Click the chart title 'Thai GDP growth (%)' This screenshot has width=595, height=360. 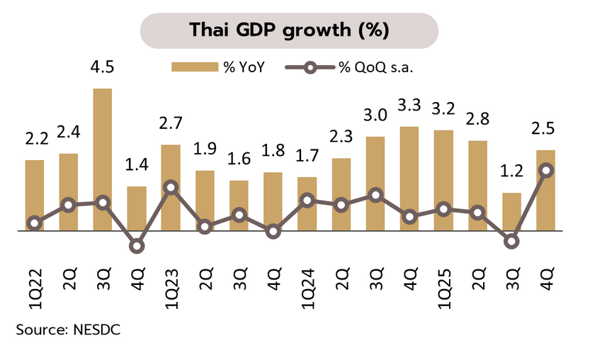(x=289, y=30)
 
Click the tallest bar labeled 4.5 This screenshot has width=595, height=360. (x=103, y=159)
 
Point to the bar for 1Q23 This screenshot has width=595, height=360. (x=171, y=188)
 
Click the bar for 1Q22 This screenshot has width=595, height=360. (x=35, y=195)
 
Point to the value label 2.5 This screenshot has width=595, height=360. (x=545, y=129)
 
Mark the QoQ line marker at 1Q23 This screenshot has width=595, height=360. (x=171, y=187)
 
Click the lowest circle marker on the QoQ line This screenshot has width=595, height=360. (x=137, y=247)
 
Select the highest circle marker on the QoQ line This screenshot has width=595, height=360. (x=545, y=170)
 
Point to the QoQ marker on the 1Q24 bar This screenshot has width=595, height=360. (x=307, y=201)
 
